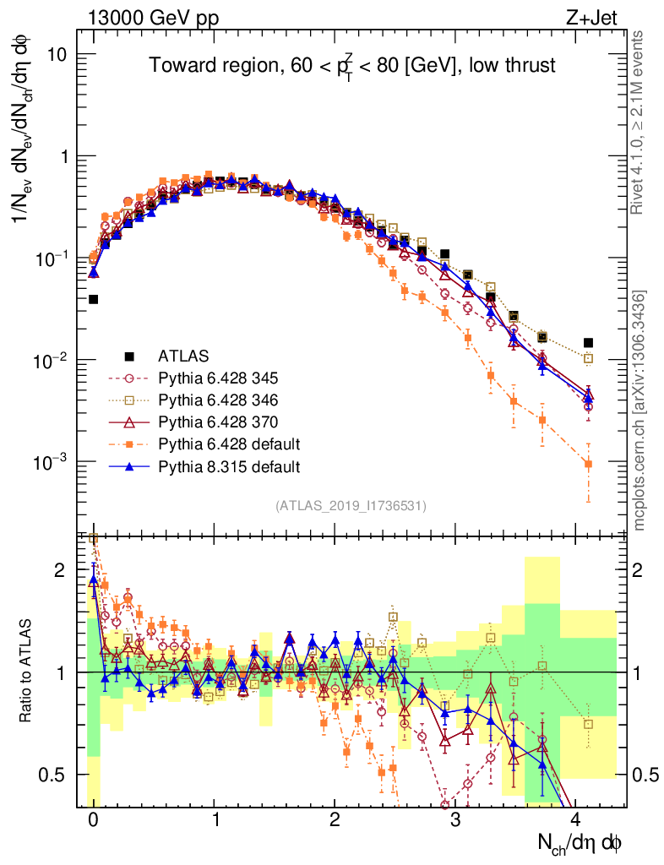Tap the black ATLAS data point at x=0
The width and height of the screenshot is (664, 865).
tap(93, 299)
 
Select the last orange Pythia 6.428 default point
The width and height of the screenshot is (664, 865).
tap(588, 464)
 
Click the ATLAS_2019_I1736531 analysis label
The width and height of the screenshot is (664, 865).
tap(351, 506)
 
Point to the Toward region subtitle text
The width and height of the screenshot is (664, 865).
tap(352, 65)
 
